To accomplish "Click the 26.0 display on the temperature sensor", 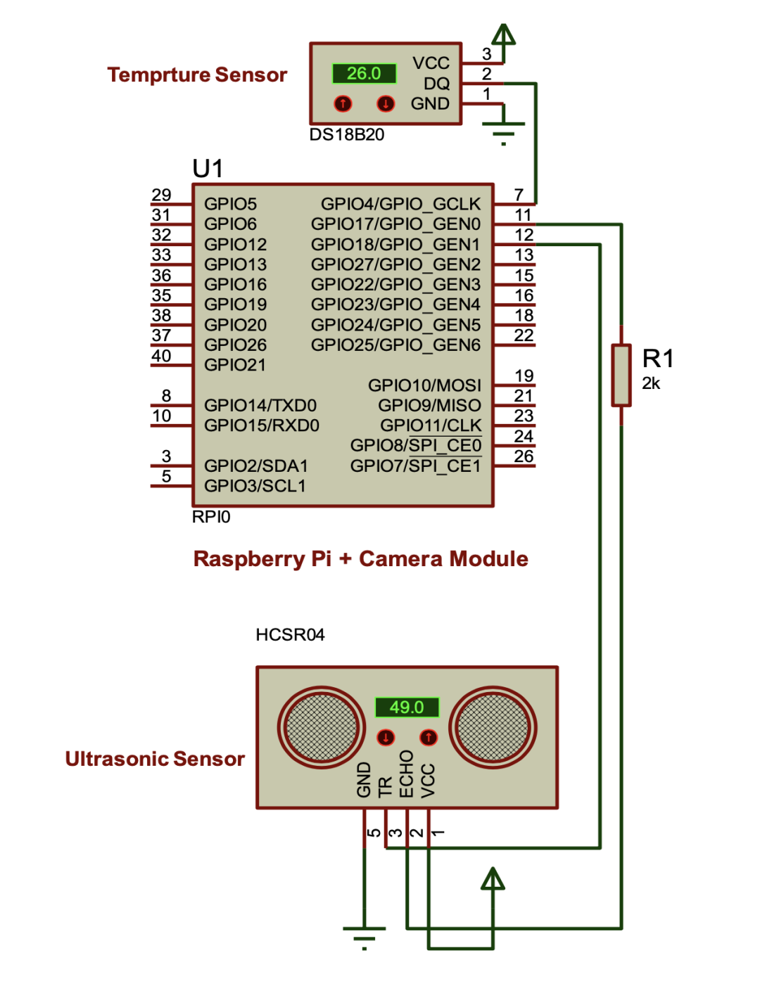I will tap(364, 73).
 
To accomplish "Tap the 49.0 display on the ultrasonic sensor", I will tap(407, 707).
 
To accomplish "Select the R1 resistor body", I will tap(621, 375).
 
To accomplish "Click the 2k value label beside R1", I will tap(651, 383).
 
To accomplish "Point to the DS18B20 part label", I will tap(347, 135).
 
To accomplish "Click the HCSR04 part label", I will tap(290, 635).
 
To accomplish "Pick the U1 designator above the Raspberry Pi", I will tap(208, 169).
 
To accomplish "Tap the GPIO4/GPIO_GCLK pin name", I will tap(400, 204).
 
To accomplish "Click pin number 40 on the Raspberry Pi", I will tap(161, 356).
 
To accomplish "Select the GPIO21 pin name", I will tap(235, 365).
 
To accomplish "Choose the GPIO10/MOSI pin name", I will tap(424, 385).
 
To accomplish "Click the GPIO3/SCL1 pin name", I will tap(255, 486).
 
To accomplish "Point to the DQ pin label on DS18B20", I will tap(436, 84).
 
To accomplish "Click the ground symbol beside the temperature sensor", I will tap(503, 131).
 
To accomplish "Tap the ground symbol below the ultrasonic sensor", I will tap(365, 935).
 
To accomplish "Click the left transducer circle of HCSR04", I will tap(321, 726).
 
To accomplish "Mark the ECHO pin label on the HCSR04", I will tap(407, 774).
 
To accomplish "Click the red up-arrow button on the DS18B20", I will tap(343, 104).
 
